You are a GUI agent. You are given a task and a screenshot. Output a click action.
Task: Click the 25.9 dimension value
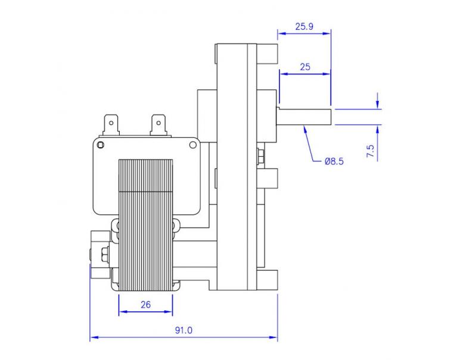point(304,27)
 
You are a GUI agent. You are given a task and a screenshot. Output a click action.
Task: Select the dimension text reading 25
point(304,67)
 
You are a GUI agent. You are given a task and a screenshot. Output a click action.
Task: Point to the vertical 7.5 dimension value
point(371,150)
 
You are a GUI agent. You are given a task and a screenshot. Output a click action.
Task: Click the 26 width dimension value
point(145,304)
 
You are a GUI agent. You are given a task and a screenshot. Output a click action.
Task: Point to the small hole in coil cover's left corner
point(100,145)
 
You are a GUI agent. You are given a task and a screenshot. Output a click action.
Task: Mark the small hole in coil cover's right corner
point(192,145)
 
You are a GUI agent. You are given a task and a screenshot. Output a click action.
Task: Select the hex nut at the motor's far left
point(105,255)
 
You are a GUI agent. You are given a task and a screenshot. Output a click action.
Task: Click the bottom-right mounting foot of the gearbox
point(268,279)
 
